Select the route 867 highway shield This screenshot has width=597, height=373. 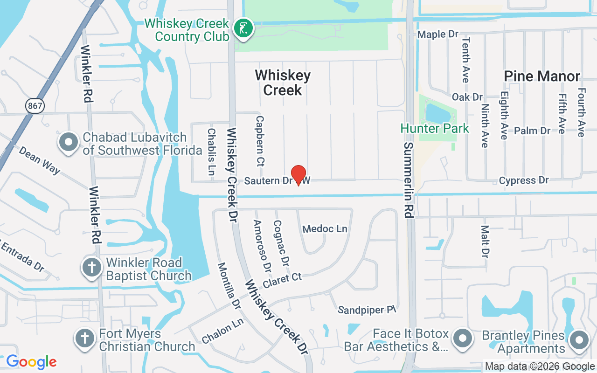[35, 106]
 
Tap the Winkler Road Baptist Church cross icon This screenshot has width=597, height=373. [92, 268]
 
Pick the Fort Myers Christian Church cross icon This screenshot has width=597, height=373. [85, 338]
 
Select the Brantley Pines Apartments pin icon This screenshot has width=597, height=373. [579, 340]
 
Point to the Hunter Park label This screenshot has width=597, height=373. [435, 128]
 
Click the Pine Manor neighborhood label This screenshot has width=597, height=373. [542, 76]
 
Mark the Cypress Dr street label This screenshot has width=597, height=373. [524, 180]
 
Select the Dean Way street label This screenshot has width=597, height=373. [39, 160]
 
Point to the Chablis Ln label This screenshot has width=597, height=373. [211, 152]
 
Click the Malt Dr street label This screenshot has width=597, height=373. [485, 242]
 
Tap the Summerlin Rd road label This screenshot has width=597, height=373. [408, 180]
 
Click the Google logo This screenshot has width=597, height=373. [31, 362]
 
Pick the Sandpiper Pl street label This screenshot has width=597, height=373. [367, 310]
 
